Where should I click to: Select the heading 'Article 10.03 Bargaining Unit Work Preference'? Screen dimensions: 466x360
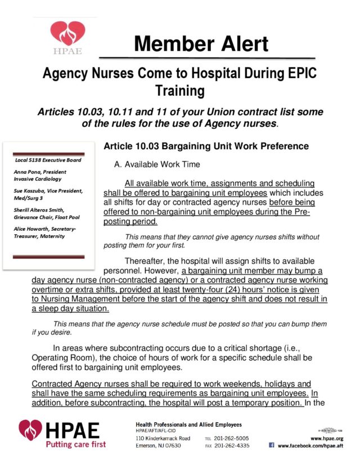pyautogui.click(x=206, y=146)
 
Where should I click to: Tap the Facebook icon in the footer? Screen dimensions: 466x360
pyautogui.click(x=272, y=445)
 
